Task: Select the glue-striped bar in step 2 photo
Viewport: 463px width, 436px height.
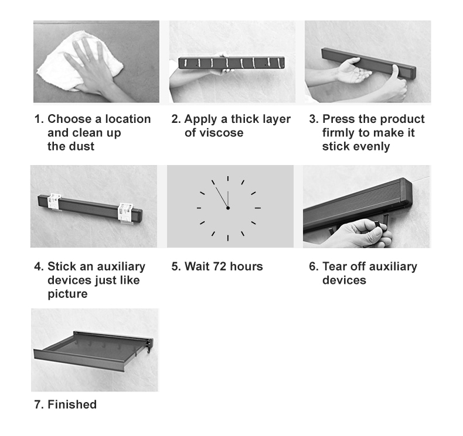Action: (231, 63)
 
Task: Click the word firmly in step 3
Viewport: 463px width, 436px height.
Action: (338, 133)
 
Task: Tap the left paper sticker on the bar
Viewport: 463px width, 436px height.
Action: (55, 201)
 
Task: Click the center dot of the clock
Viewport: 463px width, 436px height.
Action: (228, 208)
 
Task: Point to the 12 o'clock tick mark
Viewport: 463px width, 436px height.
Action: (228, 178)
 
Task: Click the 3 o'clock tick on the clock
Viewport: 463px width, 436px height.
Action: (258, 208)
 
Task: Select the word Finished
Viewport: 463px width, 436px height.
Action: (72, 404)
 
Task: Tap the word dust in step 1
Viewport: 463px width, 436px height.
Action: (83, 146)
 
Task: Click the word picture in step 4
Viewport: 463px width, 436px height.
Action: (67, 294)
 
